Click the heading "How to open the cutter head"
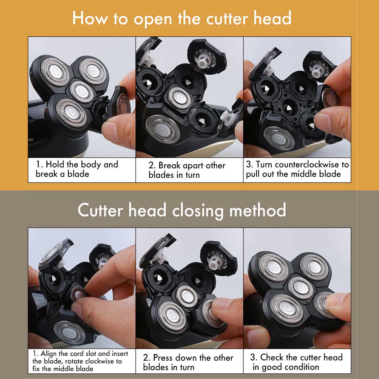pos(182,19)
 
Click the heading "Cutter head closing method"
pos(182,210)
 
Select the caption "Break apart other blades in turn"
pos(187,170)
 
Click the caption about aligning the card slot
pos(80,361)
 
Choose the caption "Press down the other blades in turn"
pos(188,362)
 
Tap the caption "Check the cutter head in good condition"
pos(296,362)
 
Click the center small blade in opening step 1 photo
pos(81,92)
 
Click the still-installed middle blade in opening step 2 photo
pos(179,98)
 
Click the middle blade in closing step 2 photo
pos(187,296)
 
